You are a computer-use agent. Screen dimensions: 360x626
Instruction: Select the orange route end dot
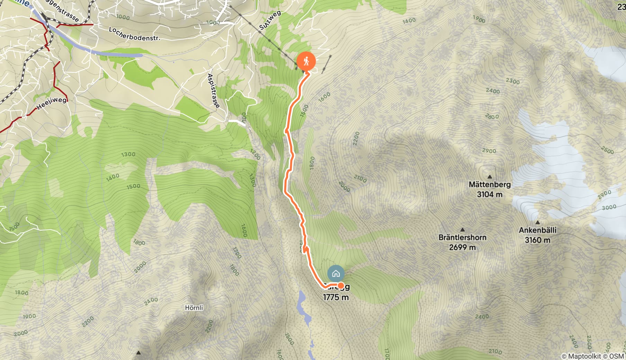pos(341,286)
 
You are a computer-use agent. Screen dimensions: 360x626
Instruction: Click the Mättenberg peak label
pos(490,184)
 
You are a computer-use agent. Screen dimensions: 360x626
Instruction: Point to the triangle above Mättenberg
pos(490,177)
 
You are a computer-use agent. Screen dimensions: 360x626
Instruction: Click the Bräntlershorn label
pos(462,237)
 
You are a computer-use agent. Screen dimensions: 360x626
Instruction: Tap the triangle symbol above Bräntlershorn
pos(462,229)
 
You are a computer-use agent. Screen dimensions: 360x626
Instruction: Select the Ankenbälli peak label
pos(537,230)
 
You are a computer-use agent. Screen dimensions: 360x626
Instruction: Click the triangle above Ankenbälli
pos(538,222)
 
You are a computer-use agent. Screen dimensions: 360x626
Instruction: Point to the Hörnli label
pos(194,308)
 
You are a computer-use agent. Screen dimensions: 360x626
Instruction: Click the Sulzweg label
pos(270,21)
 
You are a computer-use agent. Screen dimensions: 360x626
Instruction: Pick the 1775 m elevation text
pos(336,297)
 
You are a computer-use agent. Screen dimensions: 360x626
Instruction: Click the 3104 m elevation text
pos(490,195)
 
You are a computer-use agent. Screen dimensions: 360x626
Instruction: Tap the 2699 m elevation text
pos(462,247)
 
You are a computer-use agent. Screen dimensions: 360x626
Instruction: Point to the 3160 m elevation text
pos(537,240)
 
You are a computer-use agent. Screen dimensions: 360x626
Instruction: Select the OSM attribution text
pos(616,356)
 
